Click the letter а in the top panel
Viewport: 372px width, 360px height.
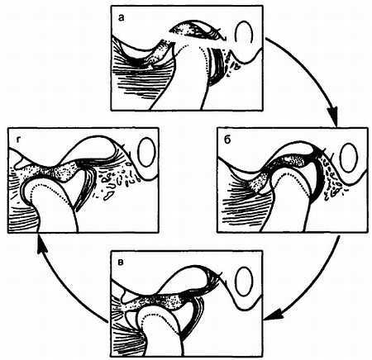121,18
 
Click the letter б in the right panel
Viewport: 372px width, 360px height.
228,140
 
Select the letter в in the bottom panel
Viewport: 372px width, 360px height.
121,262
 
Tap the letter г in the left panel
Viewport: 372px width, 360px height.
18,140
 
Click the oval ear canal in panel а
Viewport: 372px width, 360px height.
244,32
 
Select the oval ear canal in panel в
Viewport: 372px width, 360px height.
244,281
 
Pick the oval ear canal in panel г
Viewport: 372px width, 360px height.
147,152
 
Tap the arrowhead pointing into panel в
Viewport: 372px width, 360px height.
274,315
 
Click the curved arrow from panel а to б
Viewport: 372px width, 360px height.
316,72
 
